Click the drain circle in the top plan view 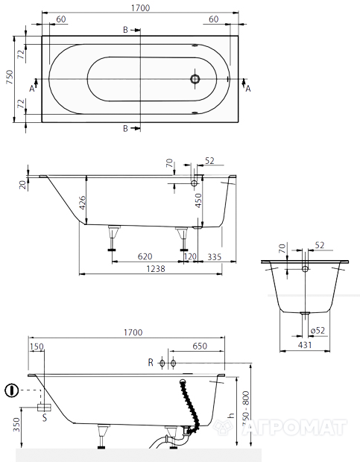195,79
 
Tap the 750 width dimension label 10,77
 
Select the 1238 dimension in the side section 156,269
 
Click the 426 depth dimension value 82,203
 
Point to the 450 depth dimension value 199,200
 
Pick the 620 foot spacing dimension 145,256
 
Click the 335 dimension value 214,256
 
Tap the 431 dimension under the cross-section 305,345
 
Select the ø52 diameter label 318,331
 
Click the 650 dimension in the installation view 200,346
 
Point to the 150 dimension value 37,346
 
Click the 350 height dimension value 16,424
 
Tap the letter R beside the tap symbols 151,362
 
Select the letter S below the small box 45,417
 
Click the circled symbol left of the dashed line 12,390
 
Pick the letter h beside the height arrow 232,415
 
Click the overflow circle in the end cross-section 305,268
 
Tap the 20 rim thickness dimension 23,185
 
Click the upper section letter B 125,30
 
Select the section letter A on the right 248,89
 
